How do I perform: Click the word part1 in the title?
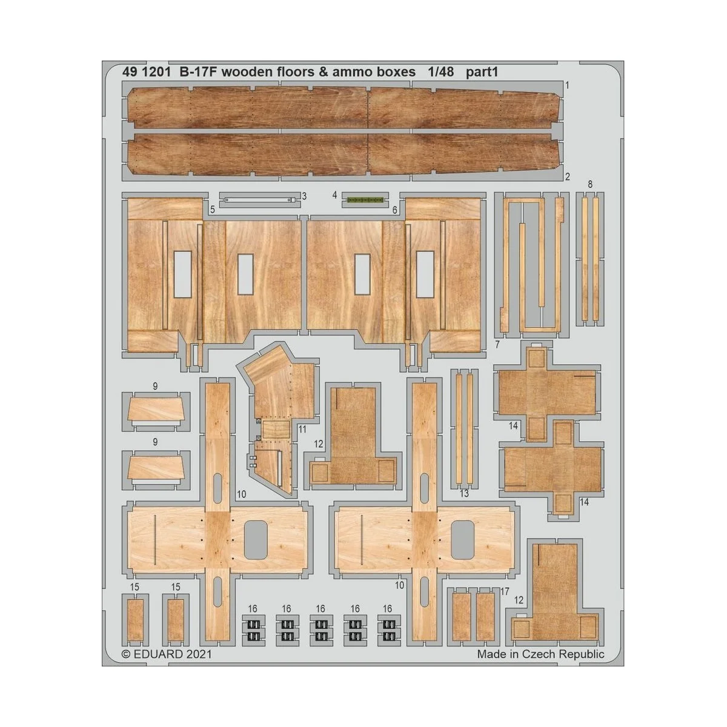click(482, 72)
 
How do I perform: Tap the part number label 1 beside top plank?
click(566, 85)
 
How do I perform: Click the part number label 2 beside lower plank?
click(567, 177)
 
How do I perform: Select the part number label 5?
click(213, 210)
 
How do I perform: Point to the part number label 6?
click(394, 210)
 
